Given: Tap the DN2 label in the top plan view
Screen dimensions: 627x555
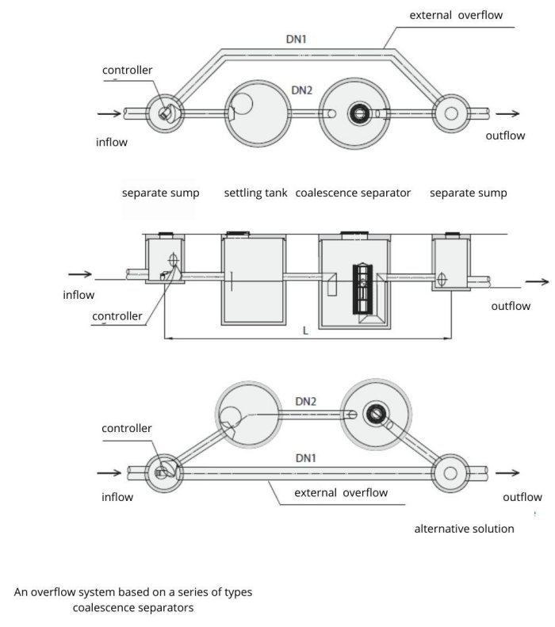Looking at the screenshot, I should tap(301, 90).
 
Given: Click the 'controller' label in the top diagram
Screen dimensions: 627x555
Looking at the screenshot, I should tap(127, 70).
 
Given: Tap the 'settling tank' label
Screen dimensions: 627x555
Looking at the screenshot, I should tap(255, 193).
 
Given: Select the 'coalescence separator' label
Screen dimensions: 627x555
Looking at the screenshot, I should tap(353, 193).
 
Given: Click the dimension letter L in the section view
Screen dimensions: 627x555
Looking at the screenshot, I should tap(306, 331).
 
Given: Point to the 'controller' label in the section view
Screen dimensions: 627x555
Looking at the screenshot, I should tap(117, 316).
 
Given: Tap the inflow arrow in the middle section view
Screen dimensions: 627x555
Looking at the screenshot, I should tap(81, 275).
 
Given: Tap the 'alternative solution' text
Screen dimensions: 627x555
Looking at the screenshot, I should tap(464, 528).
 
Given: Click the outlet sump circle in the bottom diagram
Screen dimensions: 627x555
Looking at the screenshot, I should tap(450, 474).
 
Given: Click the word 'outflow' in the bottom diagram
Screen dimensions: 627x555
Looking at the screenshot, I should tap(522, 497).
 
